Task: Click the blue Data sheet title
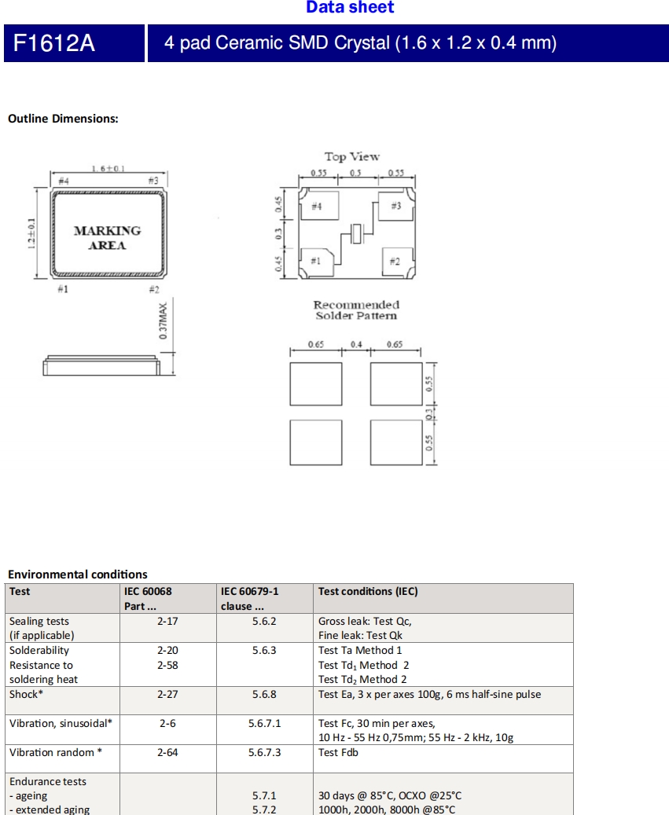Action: click(350, 8)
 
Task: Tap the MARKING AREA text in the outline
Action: click(107, 237)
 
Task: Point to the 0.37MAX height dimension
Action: click(164, 321)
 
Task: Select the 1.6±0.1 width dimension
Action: click(108, 168)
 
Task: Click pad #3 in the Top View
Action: click(395, 206)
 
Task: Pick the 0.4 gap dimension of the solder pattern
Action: click(356, 344)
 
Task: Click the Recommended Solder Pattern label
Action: click(356, 310)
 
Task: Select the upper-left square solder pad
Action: click(316, 384)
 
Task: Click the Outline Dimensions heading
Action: click(63, 119)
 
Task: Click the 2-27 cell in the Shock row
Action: click(167, 695)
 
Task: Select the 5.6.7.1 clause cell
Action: click(264, 723)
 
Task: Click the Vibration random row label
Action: click(56, 753)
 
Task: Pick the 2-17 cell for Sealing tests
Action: click(167, 621)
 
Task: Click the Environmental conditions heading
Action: click(77, 575)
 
